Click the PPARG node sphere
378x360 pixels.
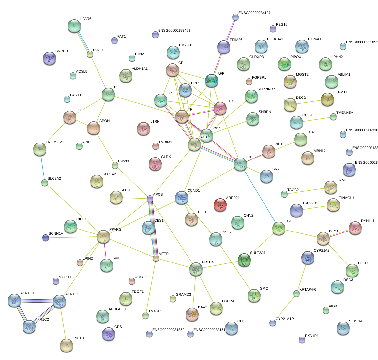click(x=103, y=236)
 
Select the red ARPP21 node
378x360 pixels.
click(x=220, y=205)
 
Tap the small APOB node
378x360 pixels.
click(x=150, y=198)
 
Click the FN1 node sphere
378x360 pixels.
click(x=240, y=164)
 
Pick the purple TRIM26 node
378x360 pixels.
click(x=224, y=47)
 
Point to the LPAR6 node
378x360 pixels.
click(x=74, y=26)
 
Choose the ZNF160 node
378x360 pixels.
click(x=67, y=345)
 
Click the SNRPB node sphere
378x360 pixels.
click(x=50, y=58)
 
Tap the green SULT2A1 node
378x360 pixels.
click(x=244, y=260)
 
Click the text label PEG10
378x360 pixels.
click(x=282, y=25)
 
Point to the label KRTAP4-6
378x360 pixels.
click(x=308, y=290)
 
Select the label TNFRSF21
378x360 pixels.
click(x=55, y=142)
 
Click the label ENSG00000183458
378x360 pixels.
click(x=174, y=31)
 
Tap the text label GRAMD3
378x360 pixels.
click(x=183, y=295)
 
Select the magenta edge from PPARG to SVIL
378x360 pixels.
click(x=105, y=251)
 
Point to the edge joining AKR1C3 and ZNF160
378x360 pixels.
click(x=63, y=323)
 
